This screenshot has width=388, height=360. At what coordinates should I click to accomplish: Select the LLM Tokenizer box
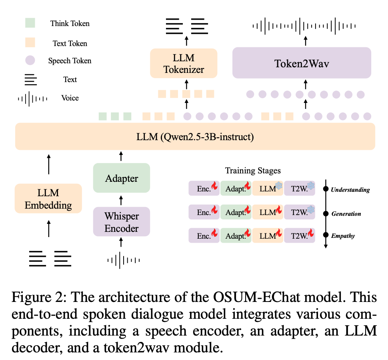[184, 63]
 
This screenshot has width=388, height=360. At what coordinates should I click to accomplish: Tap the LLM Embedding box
[48, 199]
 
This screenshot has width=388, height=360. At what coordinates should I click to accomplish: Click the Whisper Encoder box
[122, 222]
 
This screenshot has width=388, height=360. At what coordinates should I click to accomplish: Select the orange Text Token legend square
[30, 42]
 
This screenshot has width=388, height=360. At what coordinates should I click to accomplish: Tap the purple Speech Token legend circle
[30, 60]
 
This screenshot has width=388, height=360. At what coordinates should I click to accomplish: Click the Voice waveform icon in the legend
[32, 98]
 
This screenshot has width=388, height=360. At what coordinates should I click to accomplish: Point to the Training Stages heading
[252, 171]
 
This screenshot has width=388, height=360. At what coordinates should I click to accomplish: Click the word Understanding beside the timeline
[350, 190]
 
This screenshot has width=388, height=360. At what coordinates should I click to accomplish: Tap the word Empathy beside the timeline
[343, 236]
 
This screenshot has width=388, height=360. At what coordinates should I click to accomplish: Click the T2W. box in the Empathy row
[300, 235]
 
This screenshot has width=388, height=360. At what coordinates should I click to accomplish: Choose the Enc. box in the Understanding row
[204, 188]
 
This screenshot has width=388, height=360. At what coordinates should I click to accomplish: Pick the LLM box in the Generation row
[268, 212]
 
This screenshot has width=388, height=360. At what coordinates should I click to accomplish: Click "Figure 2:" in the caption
[35, 298]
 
